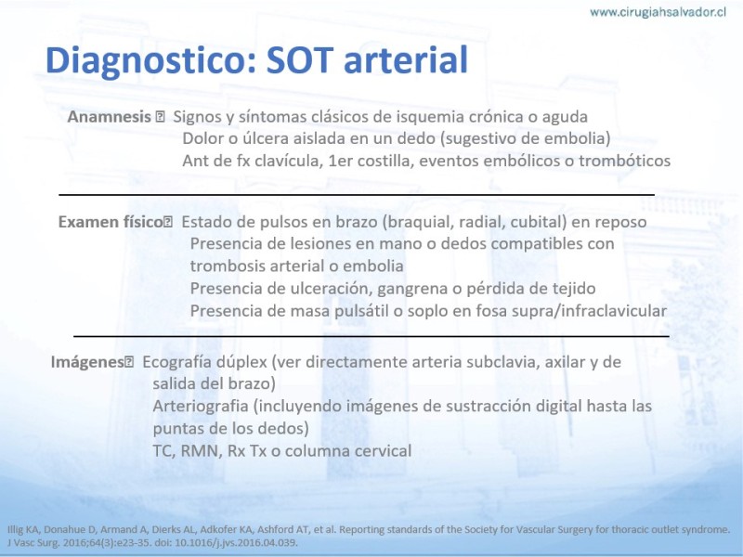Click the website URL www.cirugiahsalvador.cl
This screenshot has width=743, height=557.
(658, 12)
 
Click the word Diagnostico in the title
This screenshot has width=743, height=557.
(151, 60)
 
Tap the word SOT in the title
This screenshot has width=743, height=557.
(299, 60)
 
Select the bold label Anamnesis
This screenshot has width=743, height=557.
(109, 117)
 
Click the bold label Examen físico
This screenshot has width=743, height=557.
(111, 222)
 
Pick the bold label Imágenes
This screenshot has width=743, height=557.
(87, 362)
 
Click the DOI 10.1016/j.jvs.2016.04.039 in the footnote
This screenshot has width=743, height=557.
(236, 543)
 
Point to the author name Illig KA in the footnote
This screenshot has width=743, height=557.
(23, 530)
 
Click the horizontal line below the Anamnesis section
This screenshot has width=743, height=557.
(357, 194)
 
